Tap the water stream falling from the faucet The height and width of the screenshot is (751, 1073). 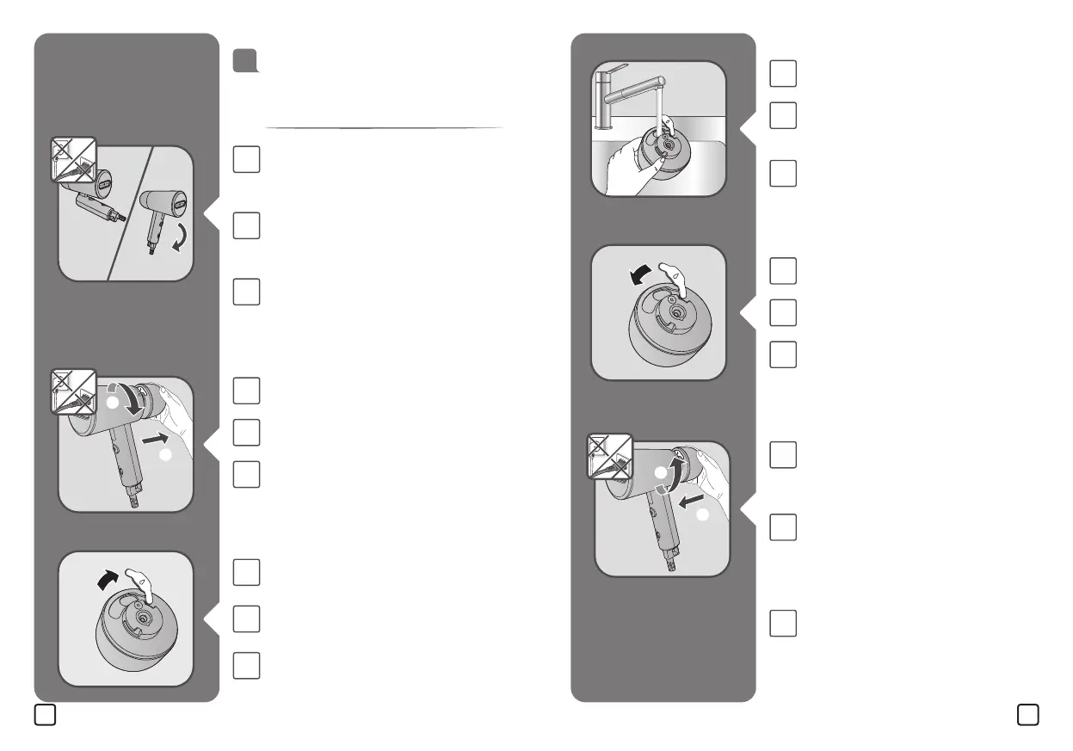[659, 107]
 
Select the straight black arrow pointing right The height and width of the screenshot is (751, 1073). [152, 440]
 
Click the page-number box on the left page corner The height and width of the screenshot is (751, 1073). [46, 715]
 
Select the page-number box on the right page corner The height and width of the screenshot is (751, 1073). [1027, 715]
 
